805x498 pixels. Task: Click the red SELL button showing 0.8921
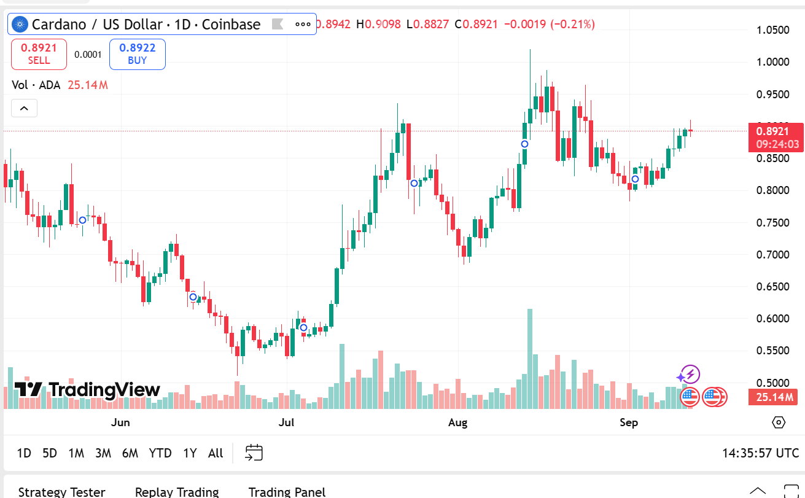pos(39,54)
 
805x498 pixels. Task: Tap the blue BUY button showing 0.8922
pos(137,54)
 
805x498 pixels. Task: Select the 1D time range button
pos(24,453)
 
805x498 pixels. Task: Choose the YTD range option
pos(160,453)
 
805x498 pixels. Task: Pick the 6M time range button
pos(130,453)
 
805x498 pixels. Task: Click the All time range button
pos(216,453)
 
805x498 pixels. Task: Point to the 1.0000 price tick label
pos(773,62)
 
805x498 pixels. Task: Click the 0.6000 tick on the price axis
pos(773,319)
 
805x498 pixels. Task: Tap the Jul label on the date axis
pos(286,422)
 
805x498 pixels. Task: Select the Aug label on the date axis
pos(457,422)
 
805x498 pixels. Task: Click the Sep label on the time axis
pos(629,422)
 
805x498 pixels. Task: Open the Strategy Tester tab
pos(61,492)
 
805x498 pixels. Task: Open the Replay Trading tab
pos(177,492)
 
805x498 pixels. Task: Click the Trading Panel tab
pos(287,492)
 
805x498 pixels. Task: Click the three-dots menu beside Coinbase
pos(303,25)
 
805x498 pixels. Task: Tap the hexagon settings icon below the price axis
pos(779,422)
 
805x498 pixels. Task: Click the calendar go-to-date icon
pos(254,453)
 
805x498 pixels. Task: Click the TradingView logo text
pos(88,390)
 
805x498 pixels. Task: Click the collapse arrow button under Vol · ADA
pos(24,109)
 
